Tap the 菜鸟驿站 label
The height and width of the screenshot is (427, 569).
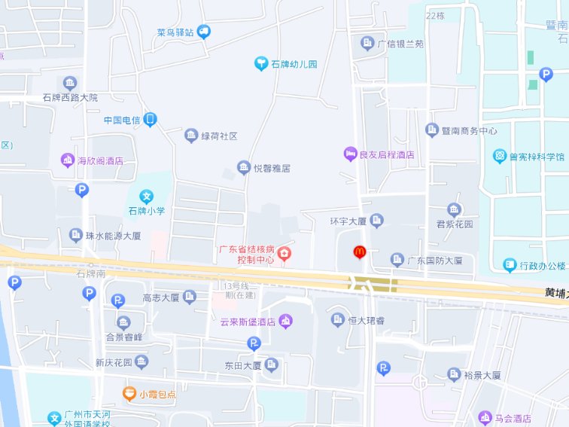[175, 32]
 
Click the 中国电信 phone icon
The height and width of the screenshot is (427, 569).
[151, 120]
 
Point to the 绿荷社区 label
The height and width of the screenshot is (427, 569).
[219, 136]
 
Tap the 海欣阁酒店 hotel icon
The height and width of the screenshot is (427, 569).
[69, 160]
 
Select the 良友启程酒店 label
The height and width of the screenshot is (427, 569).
[387, 155]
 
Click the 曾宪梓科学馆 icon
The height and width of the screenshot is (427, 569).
[500, 157]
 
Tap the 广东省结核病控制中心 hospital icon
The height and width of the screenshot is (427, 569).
[284, 254]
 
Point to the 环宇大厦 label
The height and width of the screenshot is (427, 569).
[348, 221]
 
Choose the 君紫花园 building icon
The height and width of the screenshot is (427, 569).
[454, 209]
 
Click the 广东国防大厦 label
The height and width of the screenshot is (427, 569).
[430, 261]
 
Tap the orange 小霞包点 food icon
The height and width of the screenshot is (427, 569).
[129, 392]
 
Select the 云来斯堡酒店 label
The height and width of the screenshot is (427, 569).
[247, 322]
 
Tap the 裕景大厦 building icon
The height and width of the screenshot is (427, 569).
[454, 374]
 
